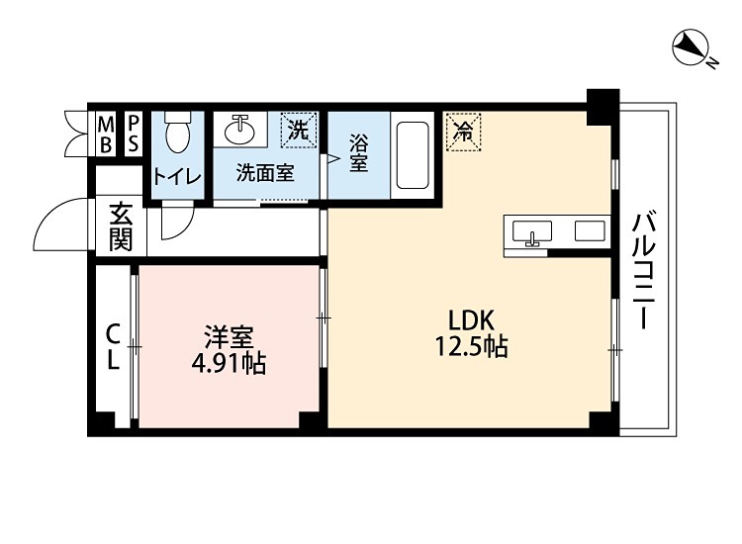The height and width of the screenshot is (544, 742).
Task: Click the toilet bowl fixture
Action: click(177, 133)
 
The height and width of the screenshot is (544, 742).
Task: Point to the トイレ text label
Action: click(177, 177)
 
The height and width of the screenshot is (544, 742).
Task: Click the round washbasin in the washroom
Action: click(240, 129)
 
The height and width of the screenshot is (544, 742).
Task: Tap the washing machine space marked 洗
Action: click(297, 129)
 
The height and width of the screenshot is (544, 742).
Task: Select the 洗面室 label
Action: click(264, 171)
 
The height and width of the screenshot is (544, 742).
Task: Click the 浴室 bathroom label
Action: click(358, 153)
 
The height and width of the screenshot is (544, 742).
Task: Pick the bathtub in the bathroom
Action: click(413, 155)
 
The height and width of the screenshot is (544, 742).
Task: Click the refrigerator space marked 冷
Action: click(462, 131)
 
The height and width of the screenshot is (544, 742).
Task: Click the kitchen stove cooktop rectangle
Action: click(591, 232)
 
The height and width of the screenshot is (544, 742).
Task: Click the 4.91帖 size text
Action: click(229, 362)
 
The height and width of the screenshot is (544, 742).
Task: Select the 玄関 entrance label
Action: click(121, 227)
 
